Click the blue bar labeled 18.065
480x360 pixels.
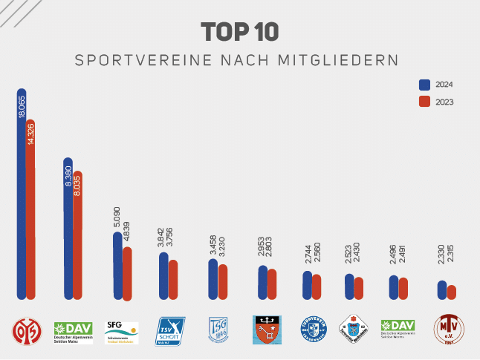point(22,193)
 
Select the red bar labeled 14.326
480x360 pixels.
point(30,208)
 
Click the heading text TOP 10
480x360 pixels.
point(239,32)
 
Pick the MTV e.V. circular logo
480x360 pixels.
point(449,329)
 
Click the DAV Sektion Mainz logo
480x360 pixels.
point(74,330)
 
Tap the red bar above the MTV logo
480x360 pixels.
point(451,292)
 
